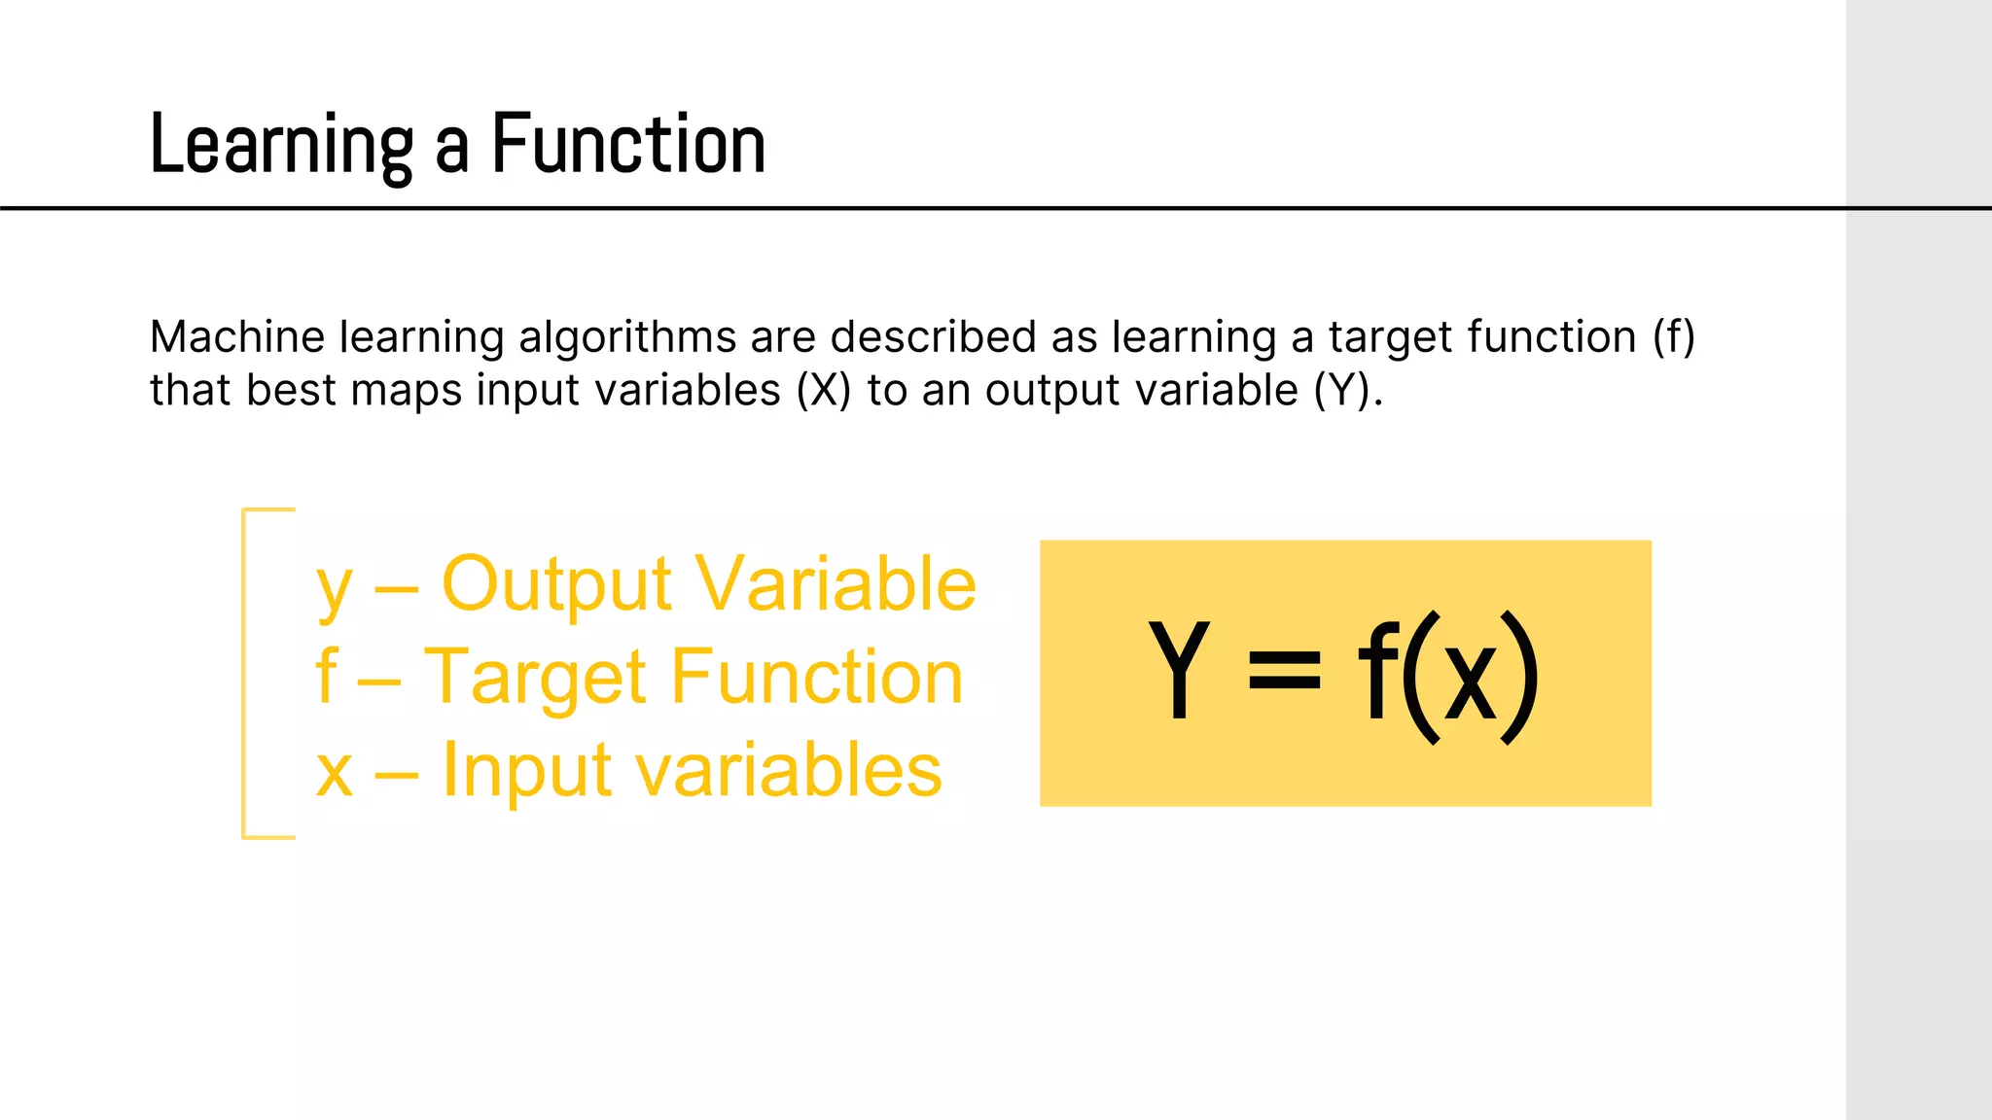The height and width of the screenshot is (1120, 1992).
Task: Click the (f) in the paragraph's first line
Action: click(x=1673, y=337)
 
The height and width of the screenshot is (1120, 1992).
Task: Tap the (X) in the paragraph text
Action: click(x=823, y=391)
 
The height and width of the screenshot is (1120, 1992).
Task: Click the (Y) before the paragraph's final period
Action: click(x=1341, y=391)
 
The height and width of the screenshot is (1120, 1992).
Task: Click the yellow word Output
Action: click(x=556, y=584)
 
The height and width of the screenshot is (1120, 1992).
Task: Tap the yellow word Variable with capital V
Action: click(x=836, y=584)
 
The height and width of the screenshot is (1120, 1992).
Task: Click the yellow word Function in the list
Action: click(x=817, y=678)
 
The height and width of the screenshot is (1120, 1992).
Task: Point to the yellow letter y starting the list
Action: click(x=334, y=589)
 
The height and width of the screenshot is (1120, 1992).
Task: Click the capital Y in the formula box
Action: click(x=1179, y=672)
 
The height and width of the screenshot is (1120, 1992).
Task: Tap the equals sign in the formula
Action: click(x=1285, y=672)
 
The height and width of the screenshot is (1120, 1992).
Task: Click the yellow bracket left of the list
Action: click(x=245, y=673)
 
